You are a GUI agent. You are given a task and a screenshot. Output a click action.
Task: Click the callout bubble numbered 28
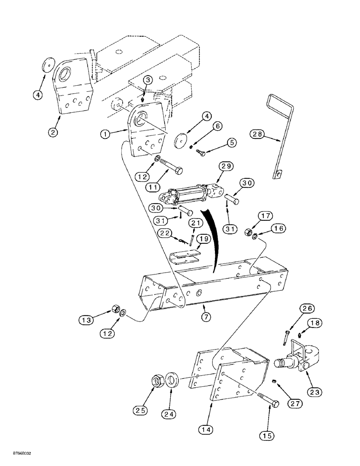(257, 135)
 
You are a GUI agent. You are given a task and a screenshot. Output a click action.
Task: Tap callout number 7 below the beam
(206, 317)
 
